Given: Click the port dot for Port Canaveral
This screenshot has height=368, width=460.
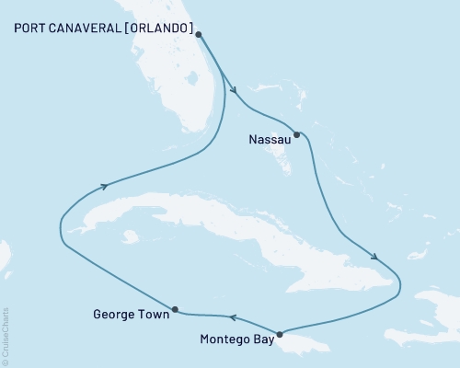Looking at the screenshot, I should click(x=200, y=35).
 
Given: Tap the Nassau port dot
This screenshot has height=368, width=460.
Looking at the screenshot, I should click(x=296, y=134).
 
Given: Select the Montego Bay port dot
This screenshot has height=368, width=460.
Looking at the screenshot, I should click(x=280, y=334).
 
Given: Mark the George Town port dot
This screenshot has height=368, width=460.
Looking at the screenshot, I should click(x=175, y=309).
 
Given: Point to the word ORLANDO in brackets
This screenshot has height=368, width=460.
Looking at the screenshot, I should click(x=162, y=29).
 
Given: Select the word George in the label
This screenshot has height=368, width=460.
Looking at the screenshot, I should click(x=115, y=315).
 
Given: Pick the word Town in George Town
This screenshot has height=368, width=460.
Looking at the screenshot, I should click(x=154, y=315).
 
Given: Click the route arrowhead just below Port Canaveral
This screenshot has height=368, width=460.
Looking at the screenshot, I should click(x=235, y=90).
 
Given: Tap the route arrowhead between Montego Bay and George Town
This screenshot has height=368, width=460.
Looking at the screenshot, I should click(x=232, y=318).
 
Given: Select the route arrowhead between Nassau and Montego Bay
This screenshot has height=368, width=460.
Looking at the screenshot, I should click(x=375, y=256).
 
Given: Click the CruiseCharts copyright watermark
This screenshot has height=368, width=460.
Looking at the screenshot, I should click(x=6, y=335).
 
